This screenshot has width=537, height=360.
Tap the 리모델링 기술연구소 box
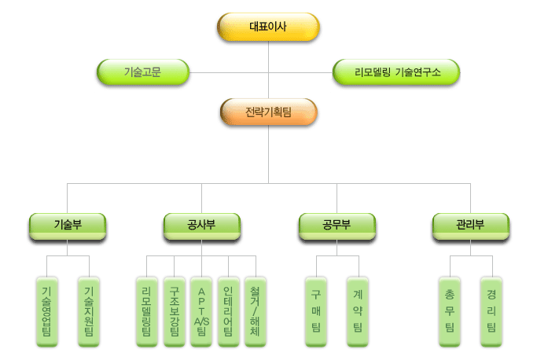(x=396, y=72)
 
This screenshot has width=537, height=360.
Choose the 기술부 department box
(x=68, y=226)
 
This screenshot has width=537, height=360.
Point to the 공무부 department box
(x=337, y=226)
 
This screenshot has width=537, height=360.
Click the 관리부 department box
(x=470, y=226)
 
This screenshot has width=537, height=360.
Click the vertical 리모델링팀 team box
(x=147, y=310)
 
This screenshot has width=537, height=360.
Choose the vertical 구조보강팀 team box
(x=174, y=310)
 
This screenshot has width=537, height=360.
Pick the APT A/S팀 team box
(x=200, y=310)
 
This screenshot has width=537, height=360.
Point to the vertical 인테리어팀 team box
(x=227, y=310)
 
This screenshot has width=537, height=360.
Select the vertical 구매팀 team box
(x=315, y=310)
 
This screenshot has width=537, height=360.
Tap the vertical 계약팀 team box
(x=358, y=310)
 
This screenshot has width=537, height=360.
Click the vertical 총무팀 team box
(x=450, y=310)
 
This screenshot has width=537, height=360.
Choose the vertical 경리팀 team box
(x=491, y=310)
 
